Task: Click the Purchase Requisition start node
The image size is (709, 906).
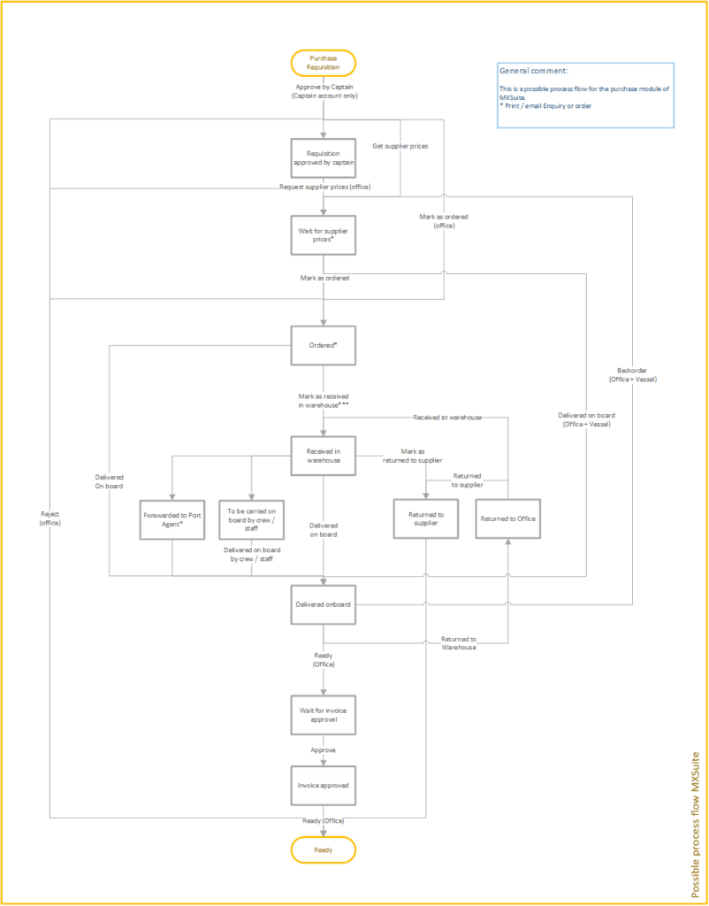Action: [324, 63]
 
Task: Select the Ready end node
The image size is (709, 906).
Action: [324, 849]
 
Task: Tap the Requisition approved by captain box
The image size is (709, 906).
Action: [324, 158]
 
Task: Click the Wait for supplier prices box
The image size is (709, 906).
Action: [324, 235]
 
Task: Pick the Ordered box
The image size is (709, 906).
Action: [324, 345]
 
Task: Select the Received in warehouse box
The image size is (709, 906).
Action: [324, 456]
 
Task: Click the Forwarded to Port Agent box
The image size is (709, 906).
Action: [172, 519]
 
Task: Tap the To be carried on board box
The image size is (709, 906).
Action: [251, 519]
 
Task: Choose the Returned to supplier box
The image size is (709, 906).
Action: [426, 519]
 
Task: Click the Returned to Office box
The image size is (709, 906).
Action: [508, 518]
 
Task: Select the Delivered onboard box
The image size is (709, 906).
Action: [324, 604]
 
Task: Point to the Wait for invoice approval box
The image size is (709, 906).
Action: [324, 715]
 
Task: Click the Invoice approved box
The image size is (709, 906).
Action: [324, 786]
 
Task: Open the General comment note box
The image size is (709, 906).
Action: [585, 96]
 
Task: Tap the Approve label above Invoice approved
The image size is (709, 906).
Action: [323, 749]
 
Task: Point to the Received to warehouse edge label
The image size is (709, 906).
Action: [446, 417]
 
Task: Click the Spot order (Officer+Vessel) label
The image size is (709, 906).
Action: [632, 374]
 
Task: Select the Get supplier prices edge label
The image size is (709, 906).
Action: [400, 145]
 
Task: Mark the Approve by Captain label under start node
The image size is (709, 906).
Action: [324, 91]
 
